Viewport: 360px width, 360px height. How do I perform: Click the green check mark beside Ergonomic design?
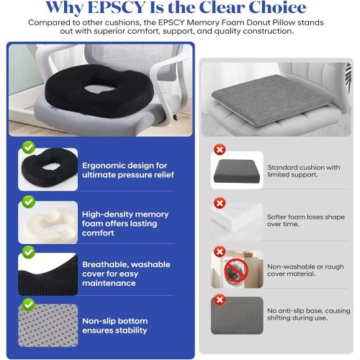(27, 147)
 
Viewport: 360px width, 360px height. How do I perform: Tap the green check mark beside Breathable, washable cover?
(27, 252)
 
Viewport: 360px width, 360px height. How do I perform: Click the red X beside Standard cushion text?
(219, 149)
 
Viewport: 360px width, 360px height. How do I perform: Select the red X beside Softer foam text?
(219, 201)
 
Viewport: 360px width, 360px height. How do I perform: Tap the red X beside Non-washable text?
(219, 253)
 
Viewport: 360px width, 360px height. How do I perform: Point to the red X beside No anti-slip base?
(219, 300)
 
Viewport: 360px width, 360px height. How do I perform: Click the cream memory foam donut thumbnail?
(49, 223)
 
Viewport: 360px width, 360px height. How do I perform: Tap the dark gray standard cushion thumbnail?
(238, 173)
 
